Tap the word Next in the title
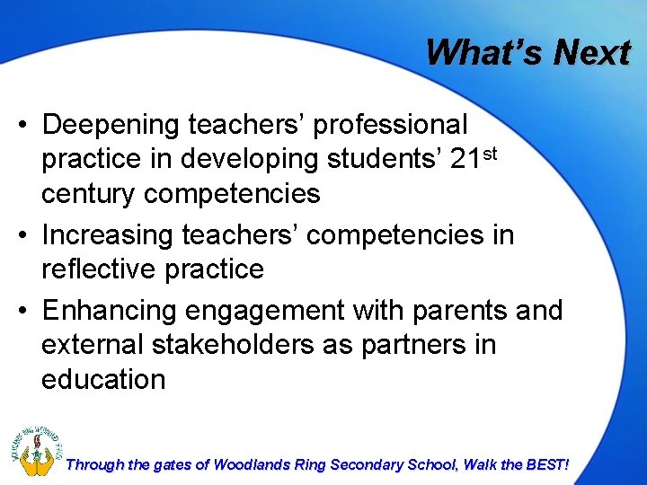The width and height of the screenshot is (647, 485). tap(591, 52)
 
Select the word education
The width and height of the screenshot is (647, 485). tap(103, 378)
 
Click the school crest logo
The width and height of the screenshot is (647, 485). tap(33, 446)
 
